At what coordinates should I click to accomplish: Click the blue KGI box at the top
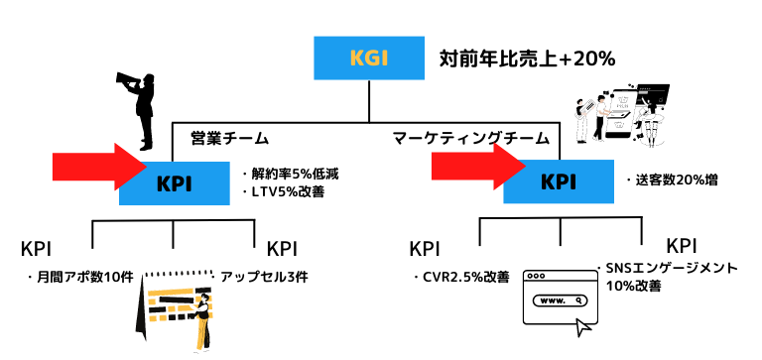[368, 59]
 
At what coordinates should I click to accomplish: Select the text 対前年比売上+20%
[527, 60]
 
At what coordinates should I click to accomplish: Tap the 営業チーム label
[229, 138]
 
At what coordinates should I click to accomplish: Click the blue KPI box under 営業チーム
[175, 182]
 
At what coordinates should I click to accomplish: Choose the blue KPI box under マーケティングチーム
[559, 181]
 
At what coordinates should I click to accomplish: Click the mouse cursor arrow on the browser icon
[586, 323]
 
